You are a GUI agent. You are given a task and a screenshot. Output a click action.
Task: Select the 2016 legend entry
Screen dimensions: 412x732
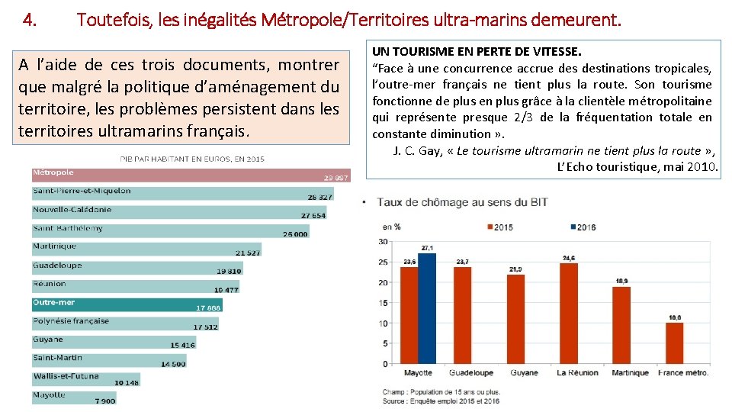583,227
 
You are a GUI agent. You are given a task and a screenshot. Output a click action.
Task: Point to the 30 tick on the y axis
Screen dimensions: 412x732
383,242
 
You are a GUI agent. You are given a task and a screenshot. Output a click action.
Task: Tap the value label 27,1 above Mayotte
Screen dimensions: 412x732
427,248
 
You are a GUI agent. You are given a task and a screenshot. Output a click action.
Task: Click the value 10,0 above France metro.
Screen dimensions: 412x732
674,317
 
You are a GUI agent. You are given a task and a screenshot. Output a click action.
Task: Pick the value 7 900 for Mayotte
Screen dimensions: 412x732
105,401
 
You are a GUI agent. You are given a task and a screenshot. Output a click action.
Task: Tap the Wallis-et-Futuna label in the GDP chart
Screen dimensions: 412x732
66,376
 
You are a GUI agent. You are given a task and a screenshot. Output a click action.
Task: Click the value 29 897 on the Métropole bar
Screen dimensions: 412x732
335,177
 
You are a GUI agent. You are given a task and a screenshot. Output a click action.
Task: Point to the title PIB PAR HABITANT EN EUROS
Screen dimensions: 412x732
191,159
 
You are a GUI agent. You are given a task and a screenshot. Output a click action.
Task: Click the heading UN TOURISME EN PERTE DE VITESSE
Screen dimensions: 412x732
477,52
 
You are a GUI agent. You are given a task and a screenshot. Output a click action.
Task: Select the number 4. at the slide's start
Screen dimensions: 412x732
30,20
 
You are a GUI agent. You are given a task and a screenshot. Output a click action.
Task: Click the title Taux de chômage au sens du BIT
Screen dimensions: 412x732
462,202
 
